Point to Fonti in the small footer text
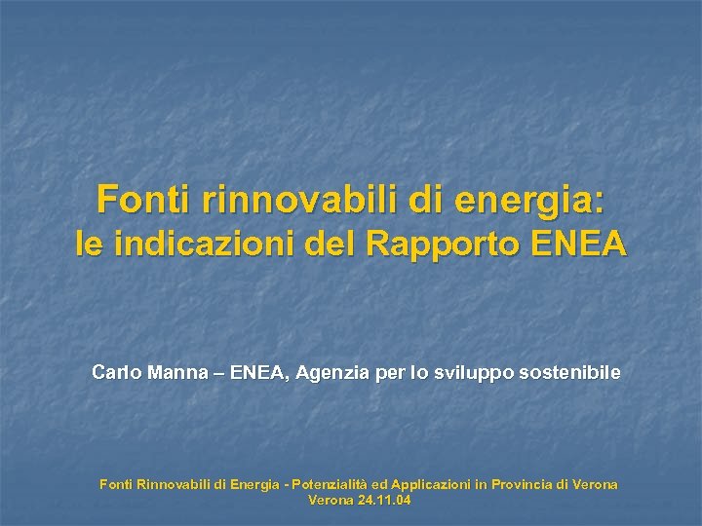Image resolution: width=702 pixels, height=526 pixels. (117, 484)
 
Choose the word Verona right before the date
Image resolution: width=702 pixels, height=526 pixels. (331, 501)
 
